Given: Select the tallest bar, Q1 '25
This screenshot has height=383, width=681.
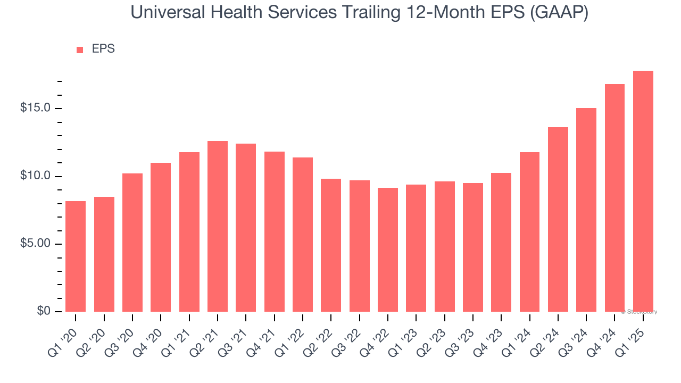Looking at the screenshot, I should pyautogui.click(x=643, y=191).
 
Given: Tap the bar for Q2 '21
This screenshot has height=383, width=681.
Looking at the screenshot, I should pyautogui.click(x=218, y=226).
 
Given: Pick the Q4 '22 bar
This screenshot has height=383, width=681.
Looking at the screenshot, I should pyautogui.click(x=388, y=249).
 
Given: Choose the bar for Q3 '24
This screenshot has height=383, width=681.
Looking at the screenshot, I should pyautogui.click(x=586, y=210).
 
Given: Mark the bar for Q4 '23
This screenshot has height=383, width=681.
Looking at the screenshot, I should pyautogui.click(x=501, y=242).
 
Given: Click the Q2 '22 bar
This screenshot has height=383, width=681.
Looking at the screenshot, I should pyautogui.click(x=331, y=245).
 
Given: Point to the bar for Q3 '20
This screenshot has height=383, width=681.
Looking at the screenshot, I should pyautogui.click(x=132, y=243).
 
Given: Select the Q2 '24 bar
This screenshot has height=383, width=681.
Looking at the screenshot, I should pyautogui.click(x=558, y=219).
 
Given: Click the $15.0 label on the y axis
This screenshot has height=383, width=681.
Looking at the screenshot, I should pyautogui.click(x=36, y=108).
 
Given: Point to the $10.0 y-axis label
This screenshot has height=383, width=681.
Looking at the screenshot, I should pyautogui.click(x=36, y=176).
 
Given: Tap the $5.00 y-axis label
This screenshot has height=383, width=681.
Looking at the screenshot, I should pyautogui.click(x=36, y=244).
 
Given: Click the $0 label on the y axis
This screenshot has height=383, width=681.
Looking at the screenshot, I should pyautogui.click(x=44, y=311).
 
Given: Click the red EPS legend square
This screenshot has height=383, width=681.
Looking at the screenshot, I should pyautogui.click(x=80, y=49).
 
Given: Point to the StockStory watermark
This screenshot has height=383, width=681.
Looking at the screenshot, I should pyautogui.click(x=639, y=312).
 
